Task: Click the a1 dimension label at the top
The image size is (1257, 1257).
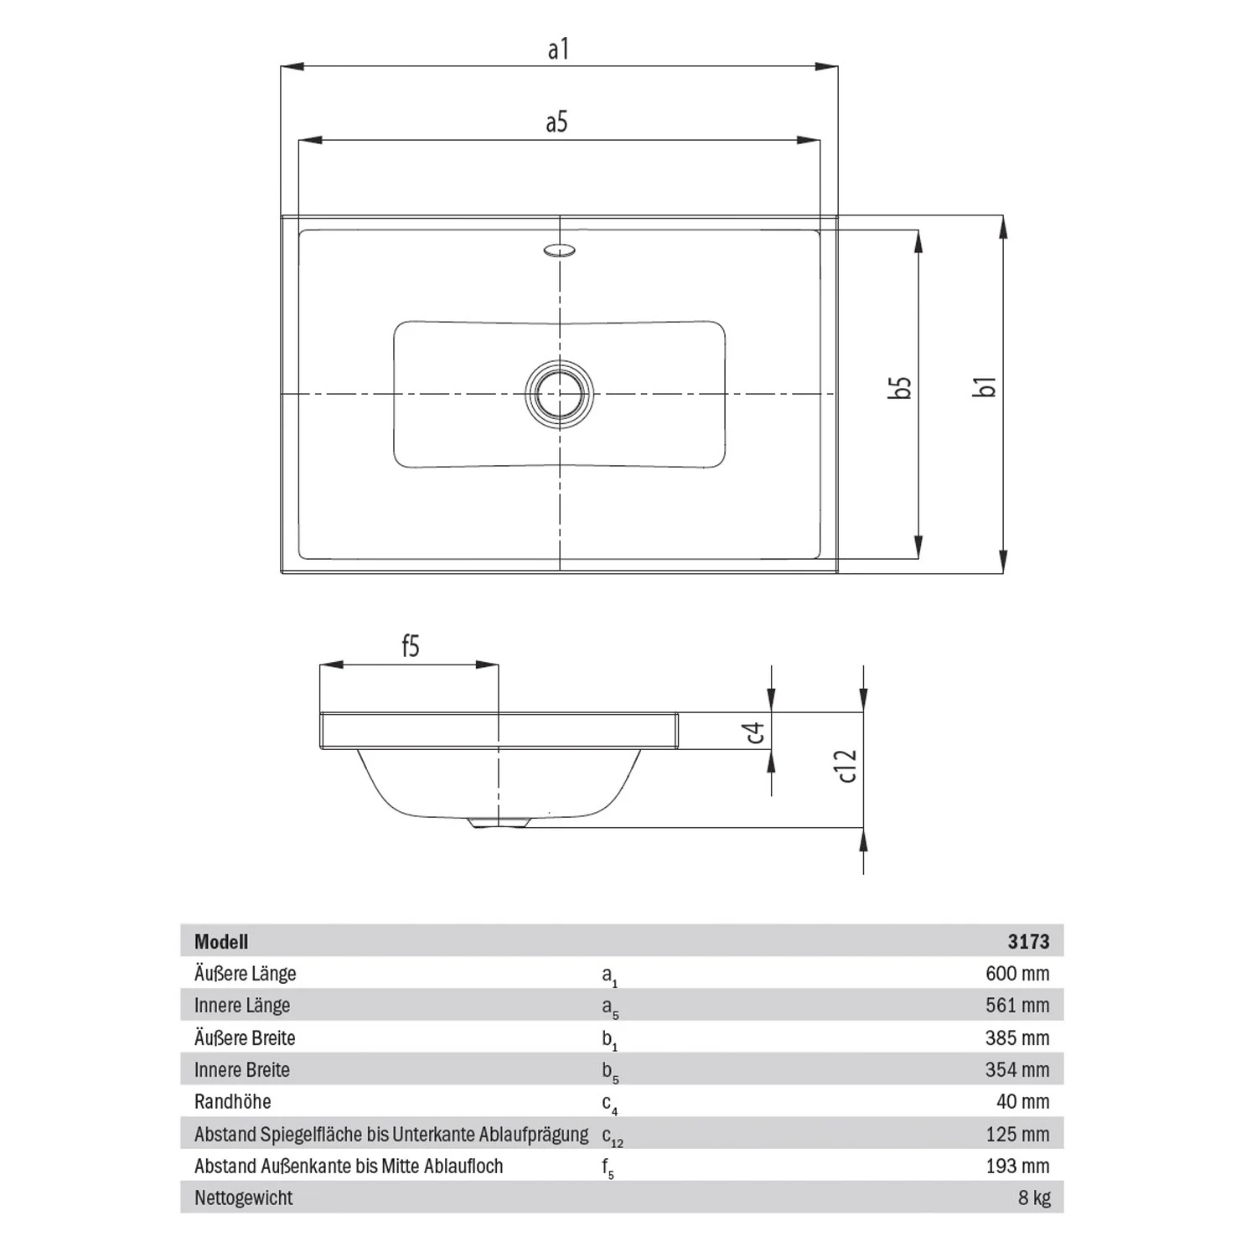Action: (x=558, y=49)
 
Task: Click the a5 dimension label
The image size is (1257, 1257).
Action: (x=556, y=122)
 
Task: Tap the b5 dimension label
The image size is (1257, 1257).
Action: (x=900, y=387)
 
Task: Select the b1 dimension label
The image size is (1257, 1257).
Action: (x=986, y=386)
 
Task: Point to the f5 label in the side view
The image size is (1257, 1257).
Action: (x=411, y=646)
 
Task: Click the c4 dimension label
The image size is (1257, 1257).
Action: (x=755, y=733)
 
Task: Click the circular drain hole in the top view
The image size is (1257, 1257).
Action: (x=559, y=393)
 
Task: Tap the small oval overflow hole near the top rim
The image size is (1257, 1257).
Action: (x=559, y=249)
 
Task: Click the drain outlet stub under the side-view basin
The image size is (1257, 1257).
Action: (x=499, y=824)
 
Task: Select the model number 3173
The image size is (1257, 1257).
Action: (x=1028, y=942)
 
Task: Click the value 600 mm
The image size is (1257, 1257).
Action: (x=1017, y=974)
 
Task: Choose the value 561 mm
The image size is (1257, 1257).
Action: (x=1017, y=1006)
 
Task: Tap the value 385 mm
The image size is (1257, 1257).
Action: (x=1017, y=1038)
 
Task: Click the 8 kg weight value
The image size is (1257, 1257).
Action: (x=1034, y=1198)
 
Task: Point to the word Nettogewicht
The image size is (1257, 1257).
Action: (x=244, y=1198)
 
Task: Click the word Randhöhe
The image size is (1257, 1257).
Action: (x=233, y=1102)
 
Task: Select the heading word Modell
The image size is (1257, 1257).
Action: (x=221, y=942)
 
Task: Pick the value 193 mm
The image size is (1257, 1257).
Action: (x=1017, y=1166)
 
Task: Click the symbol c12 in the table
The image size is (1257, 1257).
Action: (x=613, y=1137)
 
